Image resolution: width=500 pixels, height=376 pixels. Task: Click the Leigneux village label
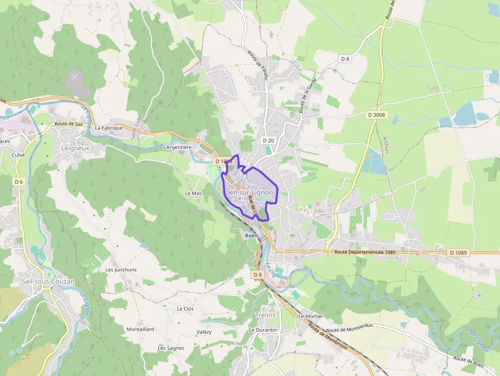tap(75, 148)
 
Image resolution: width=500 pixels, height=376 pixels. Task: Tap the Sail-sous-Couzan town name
tap(48, 281)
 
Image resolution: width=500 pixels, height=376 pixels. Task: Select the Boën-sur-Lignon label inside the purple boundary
tap(247, 192)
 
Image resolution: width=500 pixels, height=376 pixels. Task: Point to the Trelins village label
tap(265, 315)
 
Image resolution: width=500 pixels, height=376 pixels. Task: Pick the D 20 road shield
tap(268, 140)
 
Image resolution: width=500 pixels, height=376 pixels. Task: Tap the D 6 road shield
tap(19, 182)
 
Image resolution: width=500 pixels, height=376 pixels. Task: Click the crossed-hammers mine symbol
tap(75, 78)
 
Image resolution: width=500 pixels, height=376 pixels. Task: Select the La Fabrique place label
tap(109, 128)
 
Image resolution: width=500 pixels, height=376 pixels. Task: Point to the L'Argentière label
tap(177, 147)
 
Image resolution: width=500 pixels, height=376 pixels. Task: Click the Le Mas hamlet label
tap(193, 193)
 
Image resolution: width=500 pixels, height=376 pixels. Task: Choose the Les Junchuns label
tap(121, 269)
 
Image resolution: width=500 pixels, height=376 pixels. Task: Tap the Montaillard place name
tap(140, 329)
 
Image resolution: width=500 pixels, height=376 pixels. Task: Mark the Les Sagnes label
tap(171, 348)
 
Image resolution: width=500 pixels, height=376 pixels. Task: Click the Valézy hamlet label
tap(204, 332)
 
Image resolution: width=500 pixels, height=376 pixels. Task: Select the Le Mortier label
tap(311, 316)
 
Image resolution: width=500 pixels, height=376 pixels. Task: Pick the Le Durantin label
tap(263, 330)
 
